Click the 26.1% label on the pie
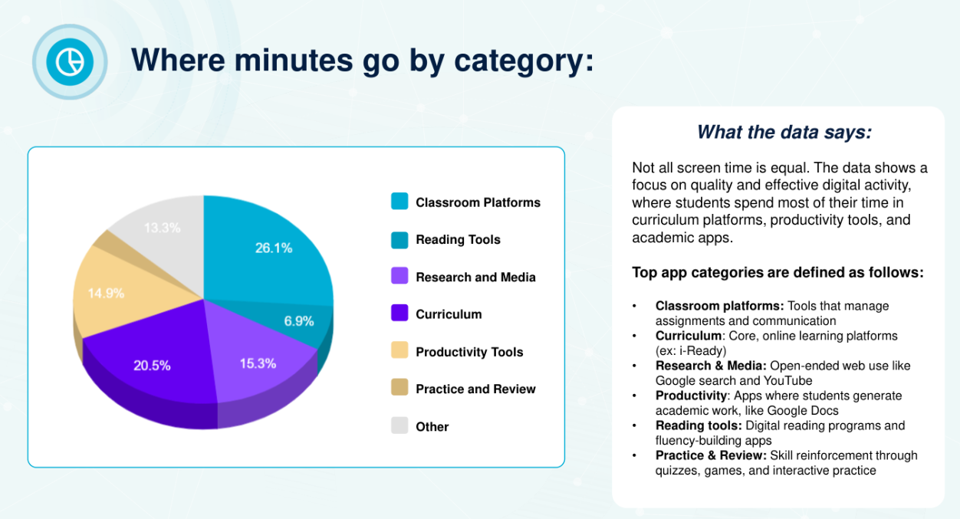tap(273, 248)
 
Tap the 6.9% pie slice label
tap(299, 321)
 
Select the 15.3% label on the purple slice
tap(258, 363)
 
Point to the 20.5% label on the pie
tap(152, 366)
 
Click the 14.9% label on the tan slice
tap(106, 293)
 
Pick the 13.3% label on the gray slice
tap(161, 228)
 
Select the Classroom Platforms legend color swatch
tap(399, 202)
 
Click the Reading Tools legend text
tap(458, 239)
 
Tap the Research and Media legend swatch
tap(399, 276)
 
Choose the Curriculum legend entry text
tap(449, 314)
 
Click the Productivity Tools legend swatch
tap(399, 351)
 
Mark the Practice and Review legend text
tap(475, 389)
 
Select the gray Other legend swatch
tap(399, 425)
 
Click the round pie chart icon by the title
tap(70, 61)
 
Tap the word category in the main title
tap(531, 61)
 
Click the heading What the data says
tap(784, 133)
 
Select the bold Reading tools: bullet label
tap(698, 425)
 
